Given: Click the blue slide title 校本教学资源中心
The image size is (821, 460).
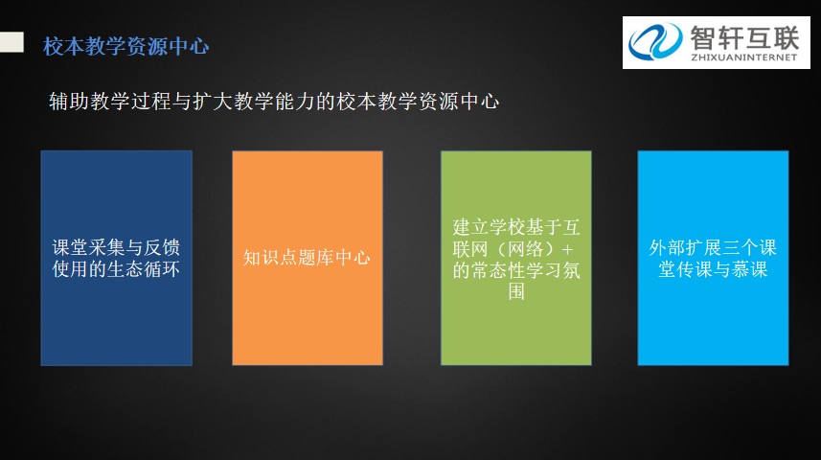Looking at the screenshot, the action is [x=125, y=46].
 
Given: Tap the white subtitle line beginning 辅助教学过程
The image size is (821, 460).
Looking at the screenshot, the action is [x=274, y=102].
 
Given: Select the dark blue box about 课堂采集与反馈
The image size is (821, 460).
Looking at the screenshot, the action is [x=116, y=258].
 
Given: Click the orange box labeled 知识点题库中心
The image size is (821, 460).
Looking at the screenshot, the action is [x=308, y=258].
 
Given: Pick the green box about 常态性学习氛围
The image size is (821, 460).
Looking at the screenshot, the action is [x=516, y=258].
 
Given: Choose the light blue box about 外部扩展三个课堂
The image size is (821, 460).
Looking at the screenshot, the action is [x=713, y=258].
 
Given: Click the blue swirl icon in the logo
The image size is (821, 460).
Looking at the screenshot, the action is [x=655, y=41].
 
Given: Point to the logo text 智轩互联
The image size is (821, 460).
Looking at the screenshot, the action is [x=744, y=37].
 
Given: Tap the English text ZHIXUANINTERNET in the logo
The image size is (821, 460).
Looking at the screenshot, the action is [x=744, y=57].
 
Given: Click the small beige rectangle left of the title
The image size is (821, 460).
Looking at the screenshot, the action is [x=11, y=42].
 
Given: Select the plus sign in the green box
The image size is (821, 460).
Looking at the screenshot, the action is [x=567, y=249].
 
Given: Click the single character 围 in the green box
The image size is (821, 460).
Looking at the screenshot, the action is [x=516, y=291].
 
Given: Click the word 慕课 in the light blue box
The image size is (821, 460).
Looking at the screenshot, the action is [x=750, y=269].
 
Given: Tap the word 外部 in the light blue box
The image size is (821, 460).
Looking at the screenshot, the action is [x=667, y=247].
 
